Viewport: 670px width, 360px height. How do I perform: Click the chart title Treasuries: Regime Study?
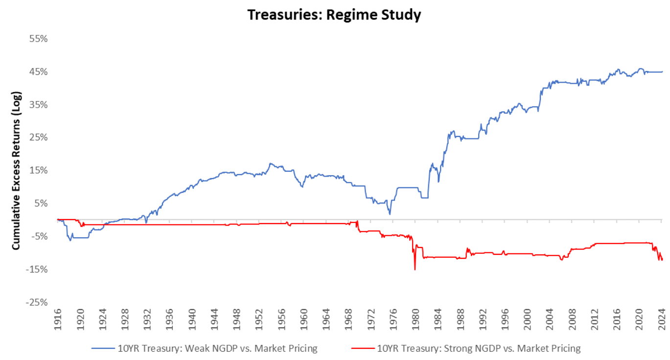[x=334, y=15]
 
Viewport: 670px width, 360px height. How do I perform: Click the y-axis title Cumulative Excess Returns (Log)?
[x=16, y=170]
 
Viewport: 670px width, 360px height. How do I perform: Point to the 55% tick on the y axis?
[x=38, y=39]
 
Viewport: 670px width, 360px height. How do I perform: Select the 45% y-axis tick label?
[x=38, y=72]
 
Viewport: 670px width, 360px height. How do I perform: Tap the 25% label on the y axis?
[x=38, y=137]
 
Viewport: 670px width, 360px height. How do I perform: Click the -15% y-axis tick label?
[x=37, y=270]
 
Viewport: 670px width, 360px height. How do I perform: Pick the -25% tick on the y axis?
[x=37, y=302]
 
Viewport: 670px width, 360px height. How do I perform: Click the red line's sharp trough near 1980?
[x=415, y=270]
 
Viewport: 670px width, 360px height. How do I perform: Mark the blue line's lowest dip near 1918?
[x=70, y=241]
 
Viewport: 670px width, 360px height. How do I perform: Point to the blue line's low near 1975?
[x=390, y=214]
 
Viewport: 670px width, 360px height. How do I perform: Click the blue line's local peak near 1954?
[x=270, y=163]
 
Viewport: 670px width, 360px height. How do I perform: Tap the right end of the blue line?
[x=662, y=71]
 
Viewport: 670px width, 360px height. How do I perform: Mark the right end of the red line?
[x=662, y=260]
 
